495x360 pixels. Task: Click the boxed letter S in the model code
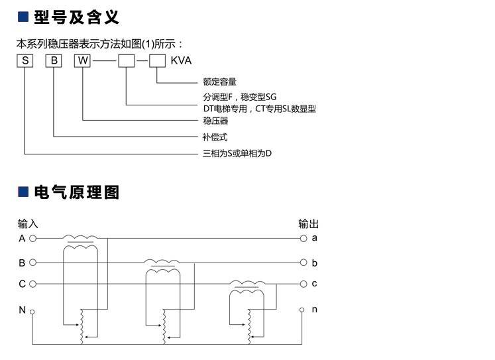coord(25,61)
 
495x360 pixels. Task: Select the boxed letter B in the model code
coord(54,61)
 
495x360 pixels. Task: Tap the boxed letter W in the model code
coord(82,61)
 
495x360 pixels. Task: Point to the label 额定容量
coord(219,82)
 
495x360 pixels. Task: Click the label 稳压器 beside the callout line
coord(215,121)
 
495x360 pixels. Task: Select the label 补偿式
coord(215,137)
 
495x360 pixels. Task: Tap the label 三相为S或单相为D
coord(237,154)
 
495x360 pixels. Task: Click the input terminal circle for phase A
coord(32,237)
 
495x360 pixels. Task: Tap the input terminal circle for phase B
coord(32,263)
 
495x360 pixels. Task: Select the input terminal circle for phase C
coord(32,284)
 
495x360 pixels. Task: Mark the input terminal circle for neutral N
coord(32,310)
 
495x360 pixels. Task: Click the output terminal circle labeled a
coord(303,237)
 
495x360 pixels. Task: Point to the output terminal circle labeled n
coord(303,310)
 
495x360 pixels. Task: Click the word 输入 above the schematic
coord(28,224)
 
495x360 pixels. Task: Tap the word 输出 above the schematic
coord(308,224)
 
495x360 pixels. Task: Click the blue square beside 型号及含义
coord(22,17)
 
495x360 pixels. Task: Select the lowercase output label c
coord(315,284)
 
